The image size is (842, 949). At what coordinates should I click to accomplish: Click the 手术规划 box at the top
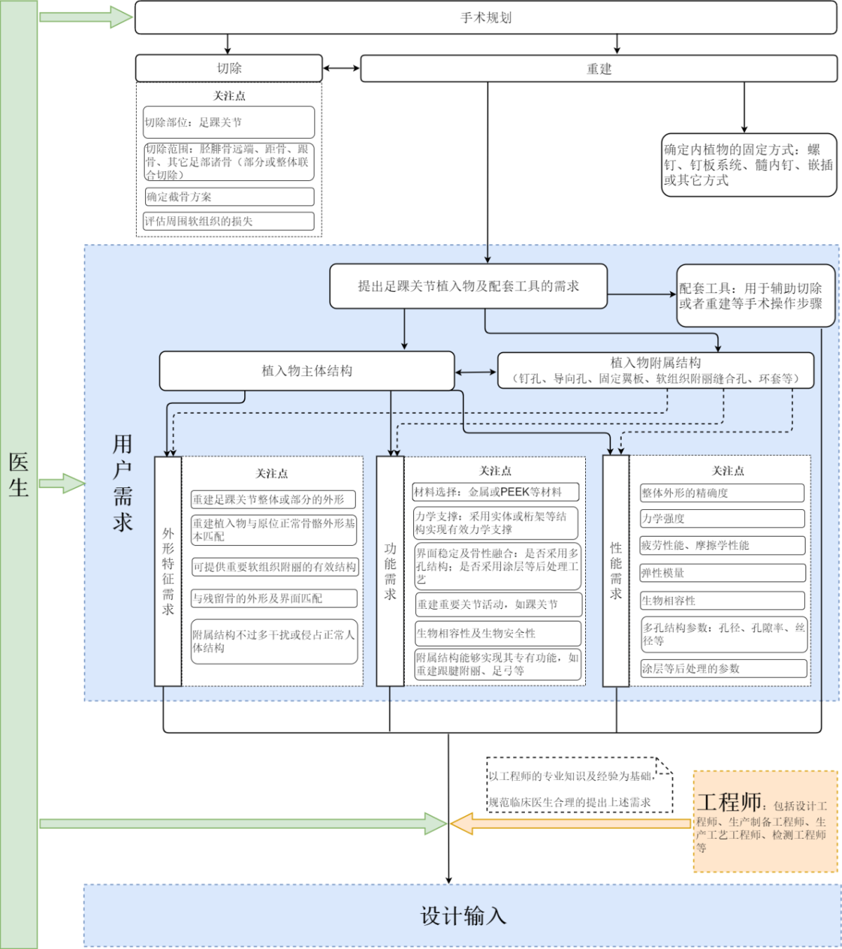pos(486,18)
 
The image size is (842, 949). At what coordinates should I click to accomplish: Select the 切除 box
pos(229,68)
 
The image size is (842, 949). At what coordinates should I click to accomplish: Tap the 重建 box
pos(599,69)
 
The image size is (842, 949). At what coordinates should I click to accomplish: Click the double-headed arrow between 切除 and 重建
pos(341,69)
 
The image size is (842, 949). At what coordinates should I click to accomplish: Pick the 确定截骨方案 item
pos(229,196)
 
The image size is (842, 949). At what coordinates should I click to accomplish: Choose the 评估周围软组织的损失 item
pos(229,221)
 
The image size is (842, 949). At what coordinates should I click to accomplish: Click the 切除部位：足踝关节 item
pos(229,122)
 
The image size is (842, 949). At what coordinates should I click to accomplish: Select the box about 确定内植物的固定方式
pos(749,165)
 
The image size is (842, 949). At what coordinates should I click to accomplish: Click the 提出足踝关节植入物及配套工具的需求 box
pos(468,285)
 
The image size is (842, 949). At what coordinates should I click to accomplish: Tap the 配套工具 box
pos(755,295)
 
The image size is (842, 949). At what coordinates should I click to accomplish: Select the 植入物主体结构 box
pos(307,371)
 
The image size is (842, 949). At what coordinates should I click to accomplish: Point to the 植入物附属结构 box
pos(655,370)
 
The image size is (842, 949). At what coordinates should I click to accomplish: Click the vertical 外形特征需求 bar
pos(168,571)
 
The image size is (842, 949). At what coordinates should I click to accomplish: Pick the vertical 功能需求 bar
pos(390,571)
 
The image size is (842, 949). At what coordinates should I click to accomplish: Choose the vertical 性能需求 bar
pos(615,570)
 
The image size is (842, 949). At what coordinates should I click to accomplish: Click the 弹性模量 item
pos(723,573)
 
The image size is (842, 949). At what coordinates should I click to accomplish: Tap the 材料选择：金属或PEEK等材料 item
pos(495,492)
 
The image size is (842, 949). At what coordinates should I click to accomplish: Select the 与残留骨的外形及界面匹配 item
pos(274,598)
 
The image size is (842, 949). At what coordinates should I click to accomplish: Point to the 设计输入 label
pos(463,916)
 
